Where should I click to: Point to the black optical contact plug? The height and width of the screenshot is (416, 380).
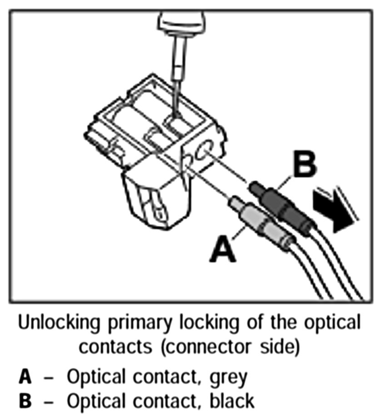(282, 207)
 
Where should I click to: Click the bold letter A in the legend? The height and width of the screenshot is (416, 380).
(25, 377)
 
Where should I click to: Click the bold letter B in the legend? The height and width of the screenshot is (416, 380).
(25, 401)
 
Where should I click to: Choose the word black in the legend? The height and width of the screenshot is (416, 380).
(230, 401)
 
